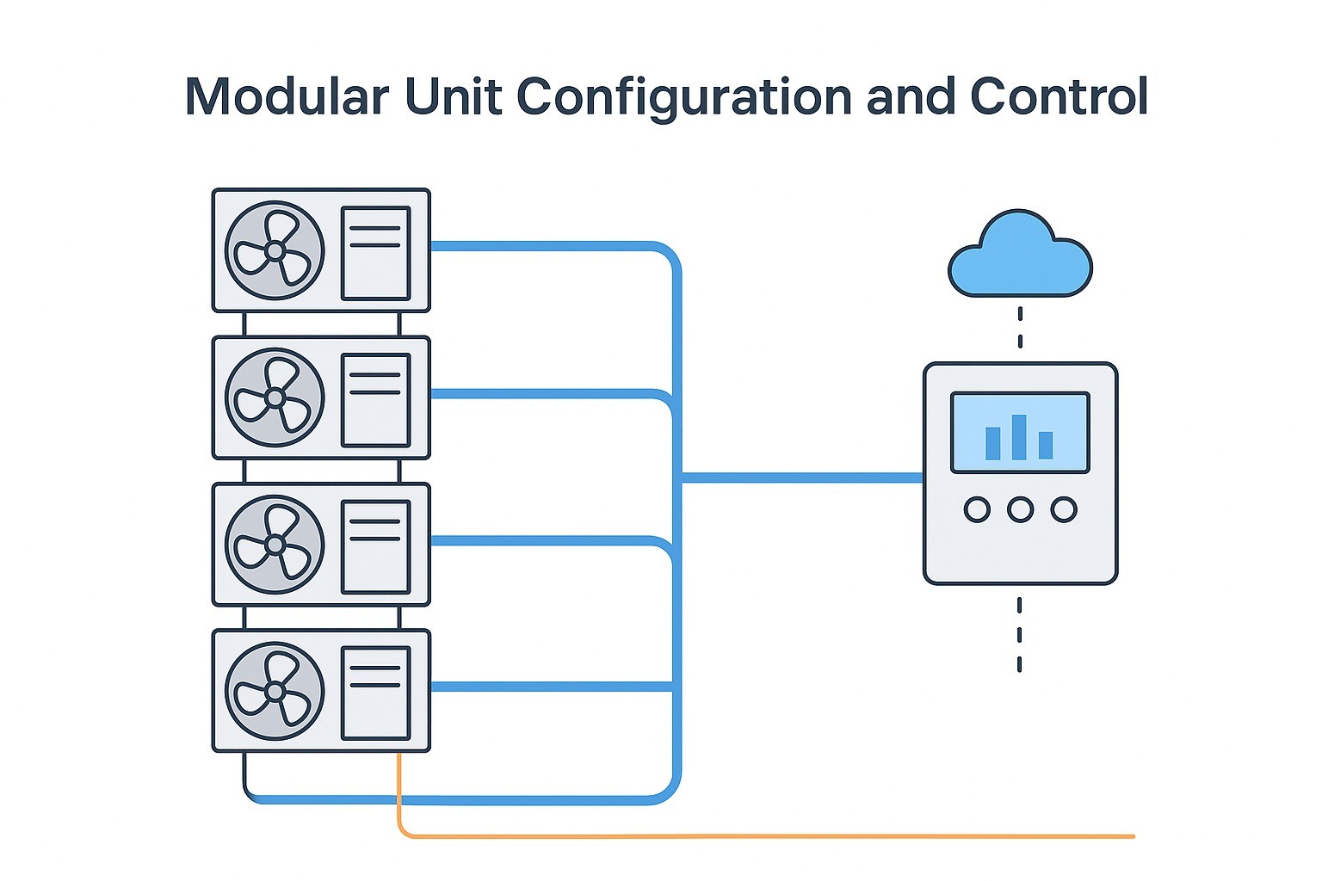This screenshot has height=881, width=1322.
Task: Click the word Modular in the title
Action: tap(287, 96)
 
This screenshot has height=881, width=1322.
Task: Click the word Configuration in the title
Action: tap(683, 96)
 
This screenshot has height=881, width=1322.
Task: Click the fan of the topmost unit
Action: tap(275, 250)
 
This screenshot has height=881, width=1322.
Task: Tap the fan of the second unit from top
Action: tap(275, 397)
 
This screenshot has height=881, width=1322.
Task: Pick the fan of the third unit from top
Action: tap(275, 545)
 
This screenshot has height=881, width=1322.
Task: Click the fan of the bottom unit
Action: tap(275, 691)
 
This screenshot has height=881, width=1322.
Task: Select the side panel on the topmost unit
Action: tap(375, 252)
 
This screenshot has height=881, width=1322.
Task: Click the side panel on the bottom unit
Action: tap(375, 693)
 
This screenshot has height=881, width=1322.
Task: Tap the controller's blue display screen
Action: tap(1020, 433)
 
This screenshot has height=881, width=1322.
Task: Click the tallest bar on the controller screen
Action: tap(1020, 437)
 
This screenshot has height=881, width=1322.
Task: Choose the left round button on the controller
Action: tap(977, 509)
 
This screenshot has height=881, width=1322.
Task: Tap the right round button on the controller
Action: tap(1064, 509)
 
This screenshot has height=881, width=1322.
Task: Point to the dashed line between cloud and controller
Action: tap(1020, 327)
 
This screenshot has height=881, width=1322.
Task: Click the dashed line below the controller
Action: tap(1020, 634)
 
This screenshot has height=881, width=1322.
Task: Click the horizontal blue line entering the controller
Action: tap(800, 477)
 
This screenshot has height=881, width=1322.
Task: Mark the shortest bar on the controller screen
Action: tap(1046, 445)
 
